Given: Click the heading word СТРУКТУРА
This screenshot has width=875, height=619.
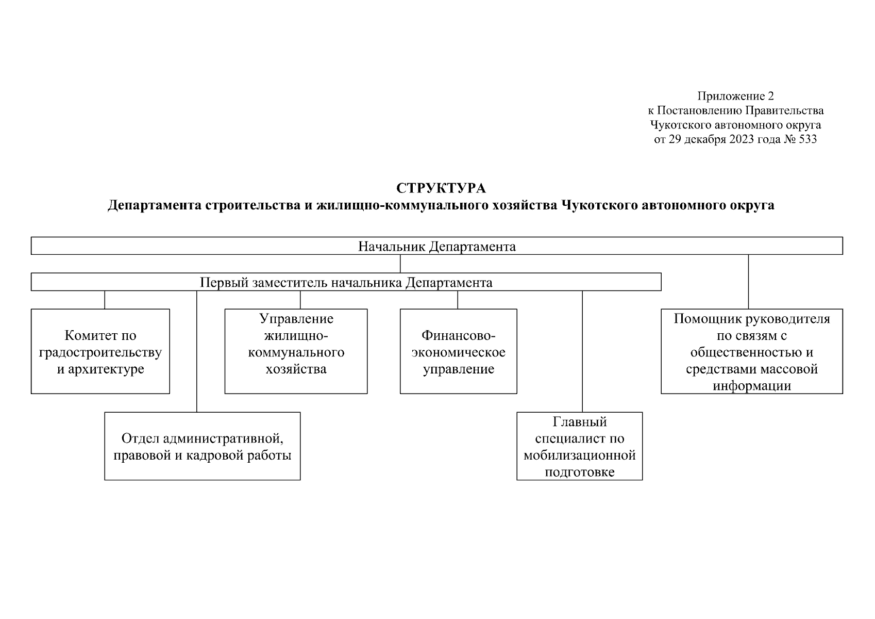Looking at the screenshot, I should (x=441, y=188).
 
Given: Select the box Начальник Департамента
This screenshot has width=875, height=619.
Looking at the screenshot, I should (x=436, y=246).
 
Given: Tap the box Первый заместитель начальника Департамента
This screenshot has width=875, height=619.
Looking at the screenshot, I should (x=346, y=283).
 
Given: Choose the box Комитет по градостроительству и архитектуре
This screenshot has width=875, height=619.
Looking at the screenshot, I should (x=100, y=352).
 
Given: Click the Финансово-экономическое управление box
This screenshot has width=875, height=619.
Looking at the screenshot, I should (x=458, y=352).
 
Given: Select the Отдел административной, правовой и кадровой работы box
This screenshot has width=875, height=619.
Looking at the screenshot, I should (x=202, y=446).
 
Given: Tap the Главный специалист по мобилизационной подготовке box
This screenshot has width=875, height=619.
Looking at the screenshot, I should (x=579, y=446).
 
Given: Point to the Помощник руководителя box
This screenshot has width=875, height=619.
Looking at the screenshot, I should (x=751, y=352).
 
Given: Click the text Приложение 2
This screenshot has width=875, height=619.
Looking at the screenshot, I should (x=735, y=96).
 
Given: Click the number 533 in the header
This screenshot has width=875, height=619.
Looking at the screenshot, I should (x=807, y=139).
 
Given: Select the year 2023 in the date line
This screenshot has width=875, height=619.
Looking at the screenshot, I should (x=741, y=139).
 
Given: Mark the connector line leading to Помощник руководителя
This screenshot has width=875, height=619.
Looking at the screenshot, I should (x=748, y=282).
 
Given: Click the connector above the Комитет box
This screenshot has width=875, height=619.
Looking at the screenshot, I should (x=105, y=300).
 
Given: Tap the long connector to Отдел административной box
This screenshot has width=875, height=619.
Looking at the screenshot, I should (x=196, y=351).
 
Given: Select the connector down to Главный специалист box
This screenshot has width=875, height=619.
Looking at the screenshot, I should (x=582, y=351).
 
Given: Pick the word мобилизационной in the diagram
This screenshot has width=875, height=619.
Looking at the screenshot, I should (x=579, y=455).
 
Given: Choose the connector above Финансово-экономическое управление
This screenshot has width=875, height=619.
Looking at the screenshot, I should (x=458, y=300).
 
